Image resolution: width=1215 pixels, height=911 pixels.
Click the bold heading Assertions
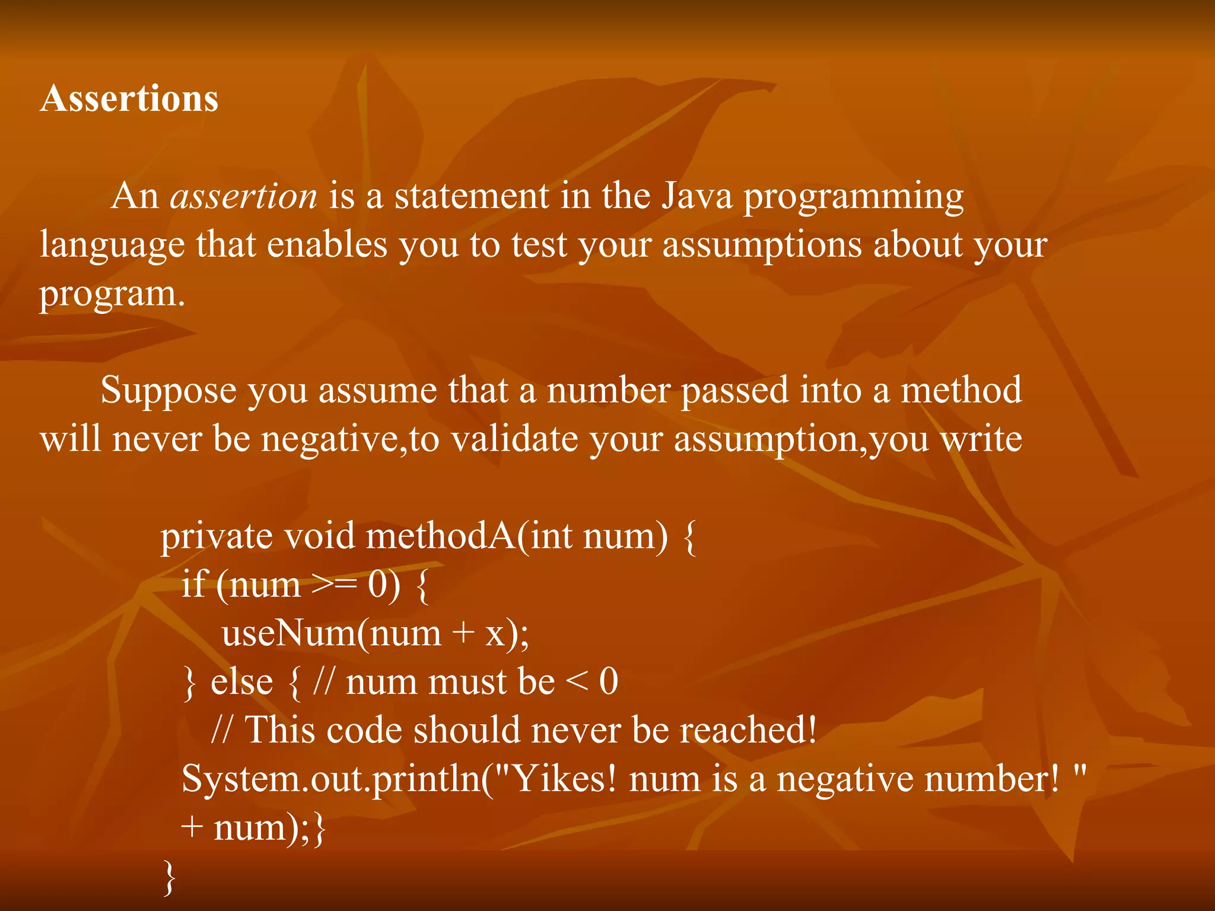129,98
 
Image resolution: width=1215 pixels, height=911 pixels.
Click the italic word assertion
243,196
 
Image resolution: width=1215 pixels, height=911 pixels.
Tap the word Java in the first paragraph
696,196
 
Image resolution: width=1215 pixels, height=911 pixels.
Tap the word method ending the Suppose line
961,390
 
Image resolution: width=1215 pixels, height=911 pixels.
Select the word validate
514,439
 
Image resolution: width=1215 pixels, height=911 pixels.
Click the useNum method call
288,633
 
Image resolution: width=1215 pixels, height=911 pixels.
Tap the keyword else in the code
241,681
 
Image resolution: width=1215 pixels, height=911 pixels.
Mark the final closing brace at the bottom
169,877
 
